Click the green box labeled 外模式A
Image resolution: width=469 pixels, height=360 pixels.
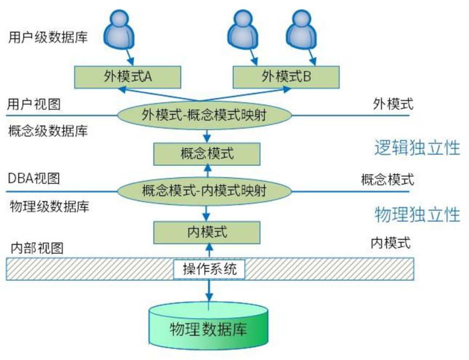point(127,76)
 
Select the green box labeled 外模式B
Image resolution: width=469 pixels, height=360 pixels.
point(286,76)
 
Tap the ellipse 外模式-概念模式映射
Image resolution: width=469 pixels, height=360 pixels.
point(205,115)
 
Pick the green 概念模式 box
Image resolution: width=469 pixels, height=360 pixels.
point(207,153)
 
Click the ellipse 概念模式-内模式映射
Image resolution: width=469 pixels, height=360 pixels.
point(205,191)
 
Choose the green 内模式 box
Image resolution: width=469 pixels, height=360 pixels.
point(207,232)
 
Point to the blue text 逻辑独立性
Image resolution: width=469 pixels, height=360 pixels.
point(417,147)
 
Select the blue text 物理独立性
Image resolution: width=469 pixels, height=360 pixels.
point(417,215)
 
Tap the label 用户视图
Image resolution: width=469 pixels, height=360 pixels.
point(33,105)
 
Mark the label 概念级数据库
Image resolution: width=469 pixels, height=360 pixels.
point(49,131)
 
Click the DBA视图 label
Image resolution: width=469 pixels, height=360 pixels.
point(33,178)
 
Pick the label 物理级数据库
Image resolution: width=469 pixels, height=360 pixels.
point(49,207)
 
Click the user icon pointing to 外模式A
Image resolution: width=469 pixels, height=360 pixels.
point(119,30)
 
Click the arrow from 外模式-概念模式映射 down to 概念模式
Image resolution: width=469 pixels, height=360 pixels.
point(207,135)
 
